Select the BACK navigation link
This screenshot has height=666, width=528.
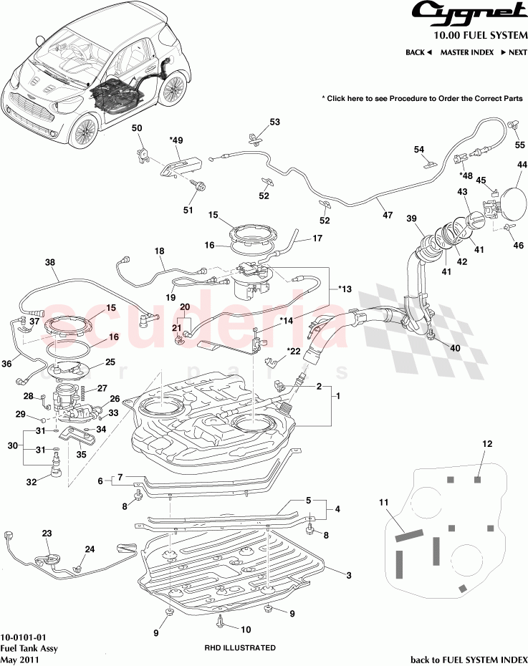(x=418, y=52)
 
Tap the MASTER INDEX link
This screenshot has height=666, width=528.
(x=466, y=52)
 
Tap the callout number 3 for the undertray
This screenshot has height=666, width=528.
(x=349, y=576)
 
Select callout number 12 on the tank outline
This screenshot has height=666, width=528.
(x=487, y=444)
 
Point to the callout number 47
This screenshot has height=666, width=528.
(x=388, y=214)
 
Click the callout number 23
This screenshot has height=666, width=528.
(x=47, y=533)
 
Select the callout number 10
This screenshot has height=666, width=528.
(x=245, y=630)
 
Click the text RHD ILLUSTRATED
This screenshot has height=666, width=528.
(x=239, y=647)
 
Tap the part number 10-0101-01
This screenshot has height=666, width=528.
(x=24, y=636)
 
